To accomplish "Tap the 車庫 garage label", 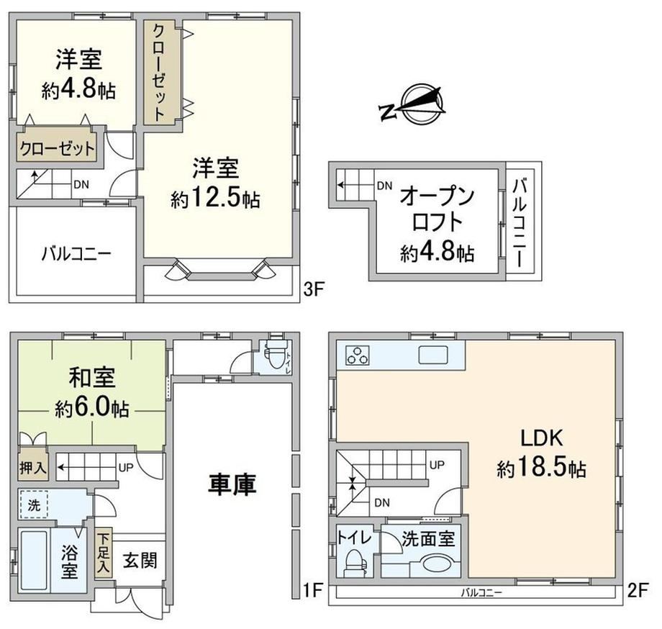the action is (232, 484).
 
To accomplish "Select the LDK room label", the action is (542, 438).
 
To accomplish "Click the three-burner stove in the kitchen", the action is (357, 355).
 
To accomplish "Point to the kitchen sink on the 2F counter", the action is (433, 355).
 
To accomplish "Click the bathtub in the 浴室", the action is (34, 560).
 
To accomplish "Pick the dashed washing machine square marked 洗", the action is (34, 504).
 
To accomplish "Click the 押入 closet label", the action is (33, 467).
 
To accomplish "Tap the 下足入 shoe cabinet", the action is (104, 553).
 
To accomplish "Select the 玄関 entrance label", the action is (140, 561).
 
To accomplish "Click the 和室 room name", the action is (92, 377).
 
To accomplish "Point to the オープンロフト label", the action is (437, 209).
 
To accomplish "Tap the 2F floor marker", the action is (637, 591).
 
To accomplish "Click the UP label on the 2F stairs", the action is (437, 465).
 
